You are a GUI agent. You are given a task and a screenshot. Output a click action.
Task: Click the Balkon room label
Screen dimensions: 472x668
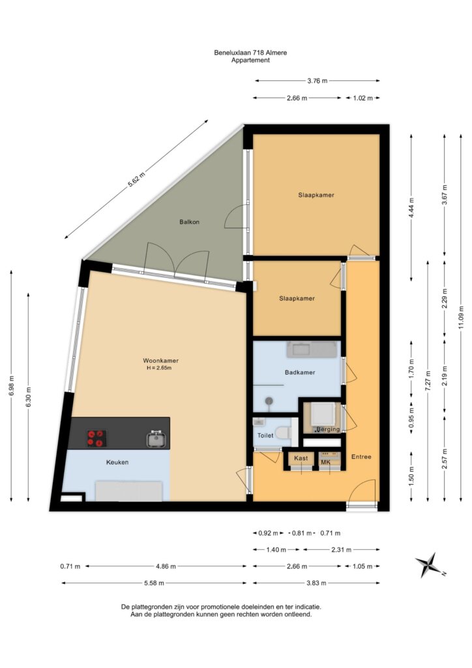tap(190, 222)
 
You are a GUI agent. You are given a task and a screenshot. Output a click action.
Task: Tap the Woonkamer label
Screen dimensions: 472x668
tap(160, 360)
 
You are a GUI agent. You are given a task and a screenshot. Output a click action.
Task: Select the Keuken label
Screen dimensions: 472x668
tap(117, 462)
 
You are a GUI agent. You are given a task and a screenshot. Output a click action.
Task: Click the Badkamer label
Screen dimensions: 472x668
tap(300, 372)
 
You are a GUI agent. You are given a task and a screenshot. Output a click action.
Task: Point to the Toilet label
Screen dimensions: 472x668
tap(265, 435)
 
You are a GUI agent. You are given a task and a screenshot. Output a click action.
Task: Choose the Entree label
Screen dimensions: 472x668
tap(361, 456)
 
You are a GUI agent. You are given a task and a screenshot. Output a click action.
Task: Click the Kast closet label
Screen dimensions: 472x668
tap(301, 458)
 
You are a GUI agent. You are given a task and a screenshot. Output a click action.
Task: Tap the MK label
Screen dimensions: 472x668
tap(325, 463)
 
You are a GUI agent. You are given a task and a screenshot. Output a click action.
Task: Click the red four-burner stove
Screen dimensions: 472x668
tap(96, 439)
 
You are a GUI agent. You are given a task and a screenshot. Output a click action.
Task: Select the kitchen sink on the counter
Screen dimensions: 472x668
tap(156, 439)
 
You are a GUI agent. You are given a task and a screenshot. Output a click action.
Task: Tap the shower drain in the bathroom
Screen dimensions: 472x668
tap(269, 401)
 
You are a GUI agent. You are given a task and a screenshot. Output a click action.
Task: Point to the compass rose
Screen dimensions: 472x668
tap(430, 566)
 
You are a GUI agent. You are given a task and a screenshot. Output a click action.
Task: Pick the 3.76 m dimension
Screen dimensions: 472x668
tap(317, 80)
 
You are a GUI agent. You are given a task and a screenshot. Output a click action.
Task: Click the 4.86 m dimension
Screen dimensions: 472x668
tap(166, 566)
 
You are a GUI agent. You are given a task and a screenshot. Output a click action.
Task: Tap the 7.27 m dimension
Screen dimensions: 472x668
tap(428, 381)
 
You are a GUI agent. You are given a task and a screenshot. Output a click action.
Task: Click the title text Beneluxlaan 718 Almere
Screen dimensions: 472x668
tap(250, 53)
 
